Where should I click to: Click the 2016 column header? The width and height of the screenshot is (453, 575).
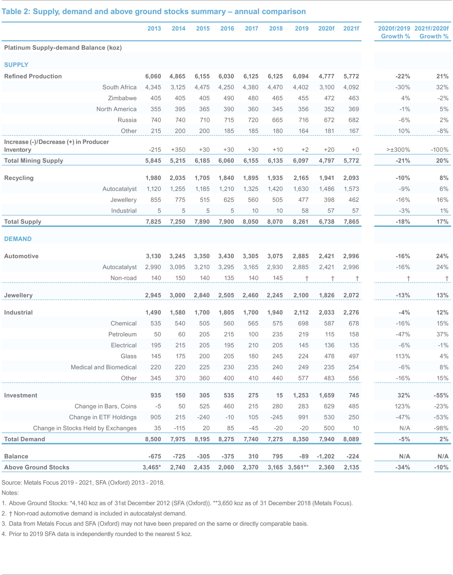(227, 29)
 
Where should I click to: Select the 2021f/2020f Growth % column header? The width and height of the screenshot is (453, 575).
(432, 32)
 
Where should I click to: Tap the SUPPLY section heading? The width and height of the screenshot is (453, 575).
(16, 65)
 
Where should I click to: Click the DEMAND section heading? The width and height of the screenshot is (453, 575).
(18, 239)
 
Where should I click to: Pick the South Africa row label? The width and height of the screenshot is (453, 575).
(119, 87)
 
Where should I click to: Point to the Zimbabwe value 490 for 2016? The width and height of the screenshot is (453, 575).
(229, 98)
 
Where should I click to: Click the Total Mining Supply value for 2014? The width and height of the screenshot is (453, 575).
(177, 161)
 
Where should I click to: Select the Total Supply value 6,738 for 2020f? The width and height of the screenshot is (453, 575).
(326, 222)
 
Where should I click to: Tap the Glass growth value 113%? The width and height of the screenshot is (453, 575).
(403, 356)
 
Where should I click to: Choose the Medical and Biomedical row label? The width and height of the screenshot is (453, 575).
(103, 367)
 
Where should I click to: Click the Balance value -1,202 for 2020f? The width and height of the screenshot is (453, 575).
(325, 457)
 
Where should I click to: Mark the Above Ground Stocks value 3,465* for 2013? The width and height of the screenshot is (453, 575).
(152, 468)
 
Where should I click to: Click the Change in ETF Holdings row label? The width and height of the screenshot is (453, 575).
(103, 418)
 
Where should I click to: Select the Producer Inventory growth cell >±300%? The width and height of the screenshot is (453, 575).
(398, 150)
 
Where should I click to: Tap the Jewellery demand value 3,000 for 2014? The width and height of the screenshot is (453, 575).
(177, 295)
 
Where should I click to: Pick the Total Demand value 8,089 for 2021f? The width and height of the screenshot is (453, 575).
(351, 439)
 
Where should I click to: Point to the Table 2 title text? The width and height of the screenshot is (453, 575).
(154, 12)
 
